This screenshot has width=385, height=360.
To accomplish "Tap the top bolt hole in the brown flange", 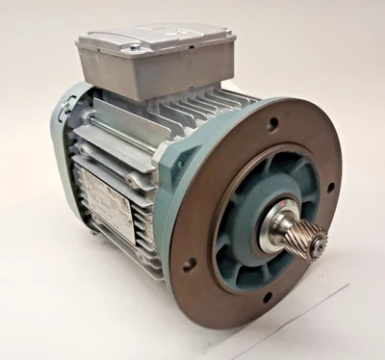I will [x=272, y=124].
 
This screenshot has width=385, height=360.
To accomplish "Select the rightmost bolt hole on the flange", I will [x=330, y=188].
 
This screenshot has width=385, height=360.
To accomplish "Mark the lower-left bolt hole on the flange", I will [x=190, y=262].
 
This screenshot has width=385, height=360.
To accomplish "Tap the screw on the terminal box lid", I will [x=135, y=45].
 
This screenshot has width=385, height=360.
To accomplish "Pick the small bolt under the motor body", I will [x=92, y=229].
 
